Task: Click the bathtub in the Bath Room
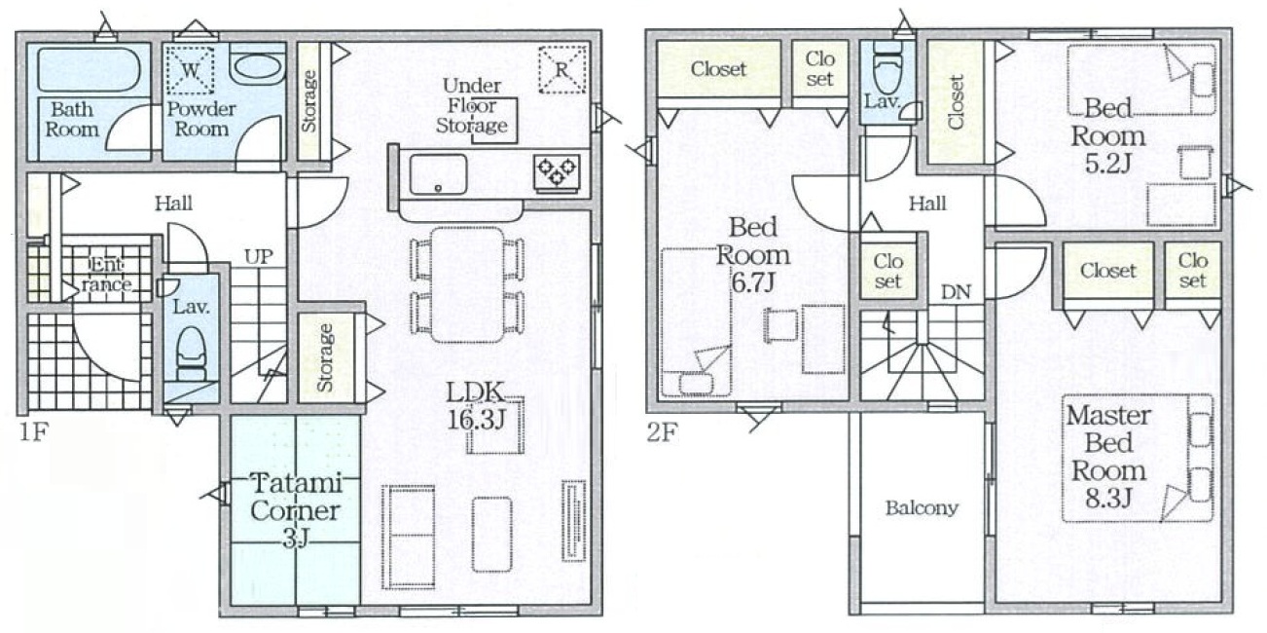(89, 70)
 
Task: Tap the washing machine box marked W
(190, 70)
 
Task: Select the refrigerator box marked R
(561, 70)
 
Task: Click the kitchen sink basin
(438, 175)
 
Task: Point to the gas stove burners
(557, 172)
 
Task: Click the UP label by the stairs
(259, 257)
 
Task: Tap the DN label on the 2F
(956, 292)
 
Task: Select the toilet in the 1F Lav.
(190, 354)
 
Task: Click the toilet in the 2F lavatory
(887, 68)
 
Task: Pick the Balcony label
(922, 508)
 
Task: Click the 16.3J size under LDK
(476, 420)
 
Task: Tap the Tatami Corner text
(295, 497)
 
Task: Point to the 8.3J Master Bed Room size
(1108, 499)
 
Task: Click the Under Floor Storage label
(472, 105)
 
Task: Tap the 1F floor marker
(33, 432)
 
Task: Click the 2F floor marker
(662, 433)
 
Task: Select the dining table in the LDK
(467, 284)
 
